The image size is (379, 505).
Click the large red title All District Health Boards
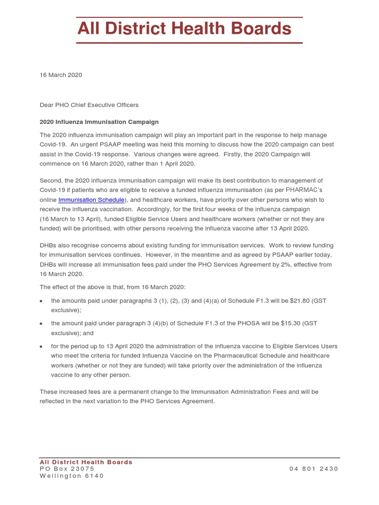[x=184, y=30]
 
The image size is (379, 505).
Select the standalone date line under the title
[x=61, y=75]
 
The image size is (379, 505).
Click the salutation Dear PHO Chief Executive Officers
[x=89, y=105]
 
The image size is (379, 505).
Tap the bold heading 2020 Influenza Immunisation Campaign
[x=99, y=122]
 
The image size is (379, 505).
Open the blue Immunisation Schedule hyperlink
[x=91, y=200]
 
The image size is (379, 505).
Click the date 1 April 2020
[x=174, y=164]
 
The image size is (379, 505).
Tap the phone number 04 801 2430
[x=314, y=469]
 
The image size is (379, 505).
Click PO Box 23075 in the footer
[x=67, y=469]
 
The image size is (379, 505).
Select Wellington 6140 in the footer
[x=72, y=476]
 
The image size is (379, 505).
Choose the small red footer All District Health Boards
[x=86, y=462]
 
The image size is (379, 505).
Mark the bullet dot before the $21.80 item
[x=42, y=301]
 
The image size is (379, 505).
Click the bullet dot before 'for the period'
[x=42, y=347]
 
